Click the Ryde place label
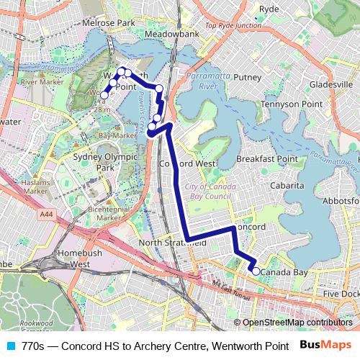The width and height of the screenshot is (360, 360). click(x=269, y=9)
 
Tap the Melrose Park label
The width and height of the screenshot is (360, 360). click(x=109, y=23)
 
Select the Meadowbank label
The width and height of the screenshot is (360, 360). click(x=171, y=34)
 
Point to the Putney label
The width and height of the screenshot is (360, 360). click(x=248, y=77)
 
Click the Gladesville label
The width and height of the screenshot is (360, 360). click(x=330, y=84)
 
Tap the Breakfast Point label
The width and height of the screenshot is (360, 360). click(x=267, y=158)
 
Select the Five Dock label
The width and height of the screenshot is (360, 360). click(x=340, y=294)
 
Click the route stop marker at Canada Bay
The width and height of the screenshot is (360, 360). click(x=256, y=271)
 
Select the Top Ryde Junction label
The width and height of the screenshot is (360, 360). click(x=233, y=25)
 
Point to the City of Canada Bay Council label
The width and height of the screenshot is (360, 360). click(x=210, y=191)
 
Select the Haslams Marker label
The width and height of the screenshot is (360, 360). click(x=35, y=186)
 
